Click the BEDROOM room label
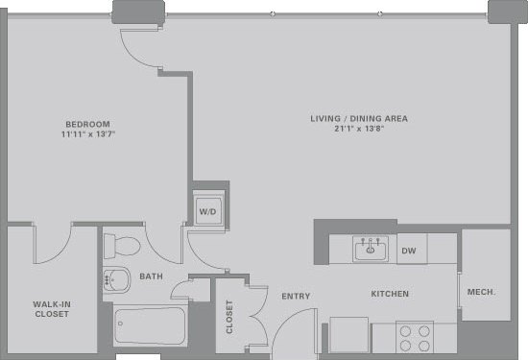(x=87, y=124)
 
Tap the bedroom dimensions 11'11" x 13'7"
(x=87, y=135)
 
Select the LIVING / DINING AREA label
(x=359, y=118)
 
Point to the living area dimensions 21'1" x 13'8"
(x=359, y=130)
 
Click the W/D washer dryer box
(x=207, y=210)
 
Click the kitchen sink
(x=370, y=251)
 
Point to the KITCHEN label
(x=391, y=294)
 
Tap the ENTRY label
(x=296, y=297)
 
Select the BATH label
(x=151, y=276)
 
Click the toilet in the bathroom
(x=121, y=246)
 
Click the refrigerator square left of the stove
(x=349, y=336)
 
